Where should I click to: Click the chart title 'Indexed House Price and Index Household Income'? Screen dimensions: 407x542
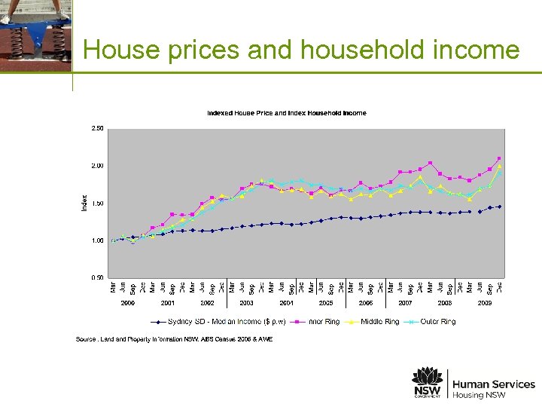(287, 113)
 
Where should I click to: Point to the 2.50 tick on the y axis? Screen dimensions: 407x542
(97, 128)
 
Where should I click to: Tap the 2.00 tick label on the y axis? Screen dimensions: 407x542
(97, 166)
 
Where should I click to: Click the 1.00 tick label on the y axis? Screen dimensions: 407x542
(97, 240)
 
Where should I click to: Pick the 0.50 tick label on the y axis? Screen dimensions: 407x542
(97, 277)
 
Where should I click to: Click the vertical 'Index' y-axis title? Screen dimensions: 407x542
(84, 203)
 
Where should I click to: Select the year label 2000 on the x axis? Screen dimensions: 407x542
(128, 302)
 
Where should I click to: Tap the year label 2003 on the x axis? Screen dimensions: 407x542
(247, 302)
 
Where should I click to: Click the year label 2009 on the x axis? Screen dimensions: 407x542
(485, 302)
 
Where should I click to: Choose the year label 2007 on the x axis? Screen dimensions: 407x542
(405, 302)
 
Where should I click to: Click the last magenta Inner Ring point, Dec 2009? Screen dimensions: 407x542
(499, 158)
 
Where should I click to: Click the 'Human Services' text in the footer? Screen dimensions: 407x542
(493, 384)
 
